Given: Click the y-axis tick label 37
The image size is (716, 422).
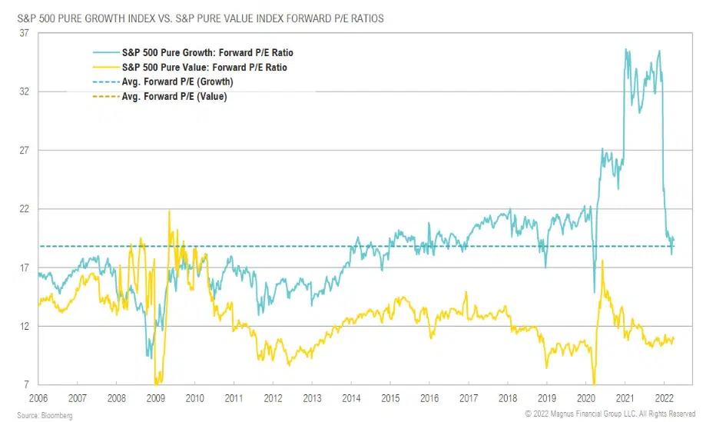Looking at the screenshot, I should point(24,33).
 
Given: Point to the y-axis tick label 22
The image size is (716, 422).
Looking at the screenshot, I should point(24,209).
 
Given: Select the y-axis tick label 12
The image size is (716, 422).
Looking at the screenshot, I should point(24,327).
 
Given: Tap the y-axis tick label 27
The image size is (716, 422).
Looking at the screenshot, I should point(24,151).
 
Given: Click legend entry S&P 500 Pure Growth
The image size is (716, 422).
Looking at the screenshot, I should point(207,53).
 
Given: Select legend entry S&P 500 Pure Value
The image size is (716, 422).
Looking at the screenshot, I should point(205,68).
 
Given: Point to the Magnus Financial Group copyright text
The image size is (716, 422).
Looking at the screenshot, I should point(611,414).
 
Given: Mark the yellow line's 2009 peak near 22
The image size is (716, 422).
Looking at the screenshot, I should point(169,211).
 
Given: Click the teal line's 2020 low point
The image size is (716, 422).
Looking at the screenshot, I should point(594,292).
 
